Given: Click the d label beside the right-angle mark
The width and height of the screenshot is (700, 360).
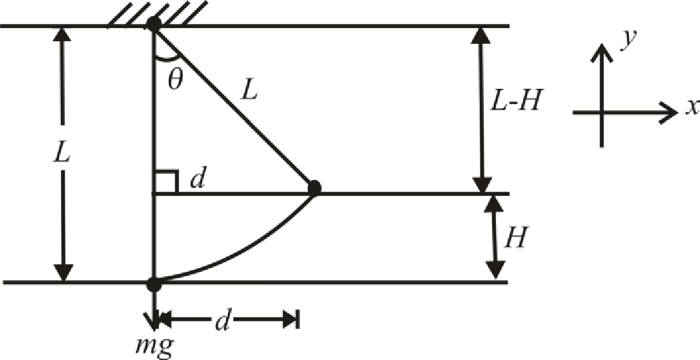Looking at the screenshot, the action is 197,180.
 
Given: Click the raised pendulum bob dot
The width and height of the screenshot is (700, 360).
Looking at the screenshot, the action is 314,187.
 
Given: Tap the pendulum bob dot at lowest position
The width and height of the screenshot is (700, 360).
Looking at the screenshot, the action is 154,284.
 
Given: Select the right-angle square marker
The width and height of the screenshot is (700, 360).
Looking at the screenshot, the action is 166,182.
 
